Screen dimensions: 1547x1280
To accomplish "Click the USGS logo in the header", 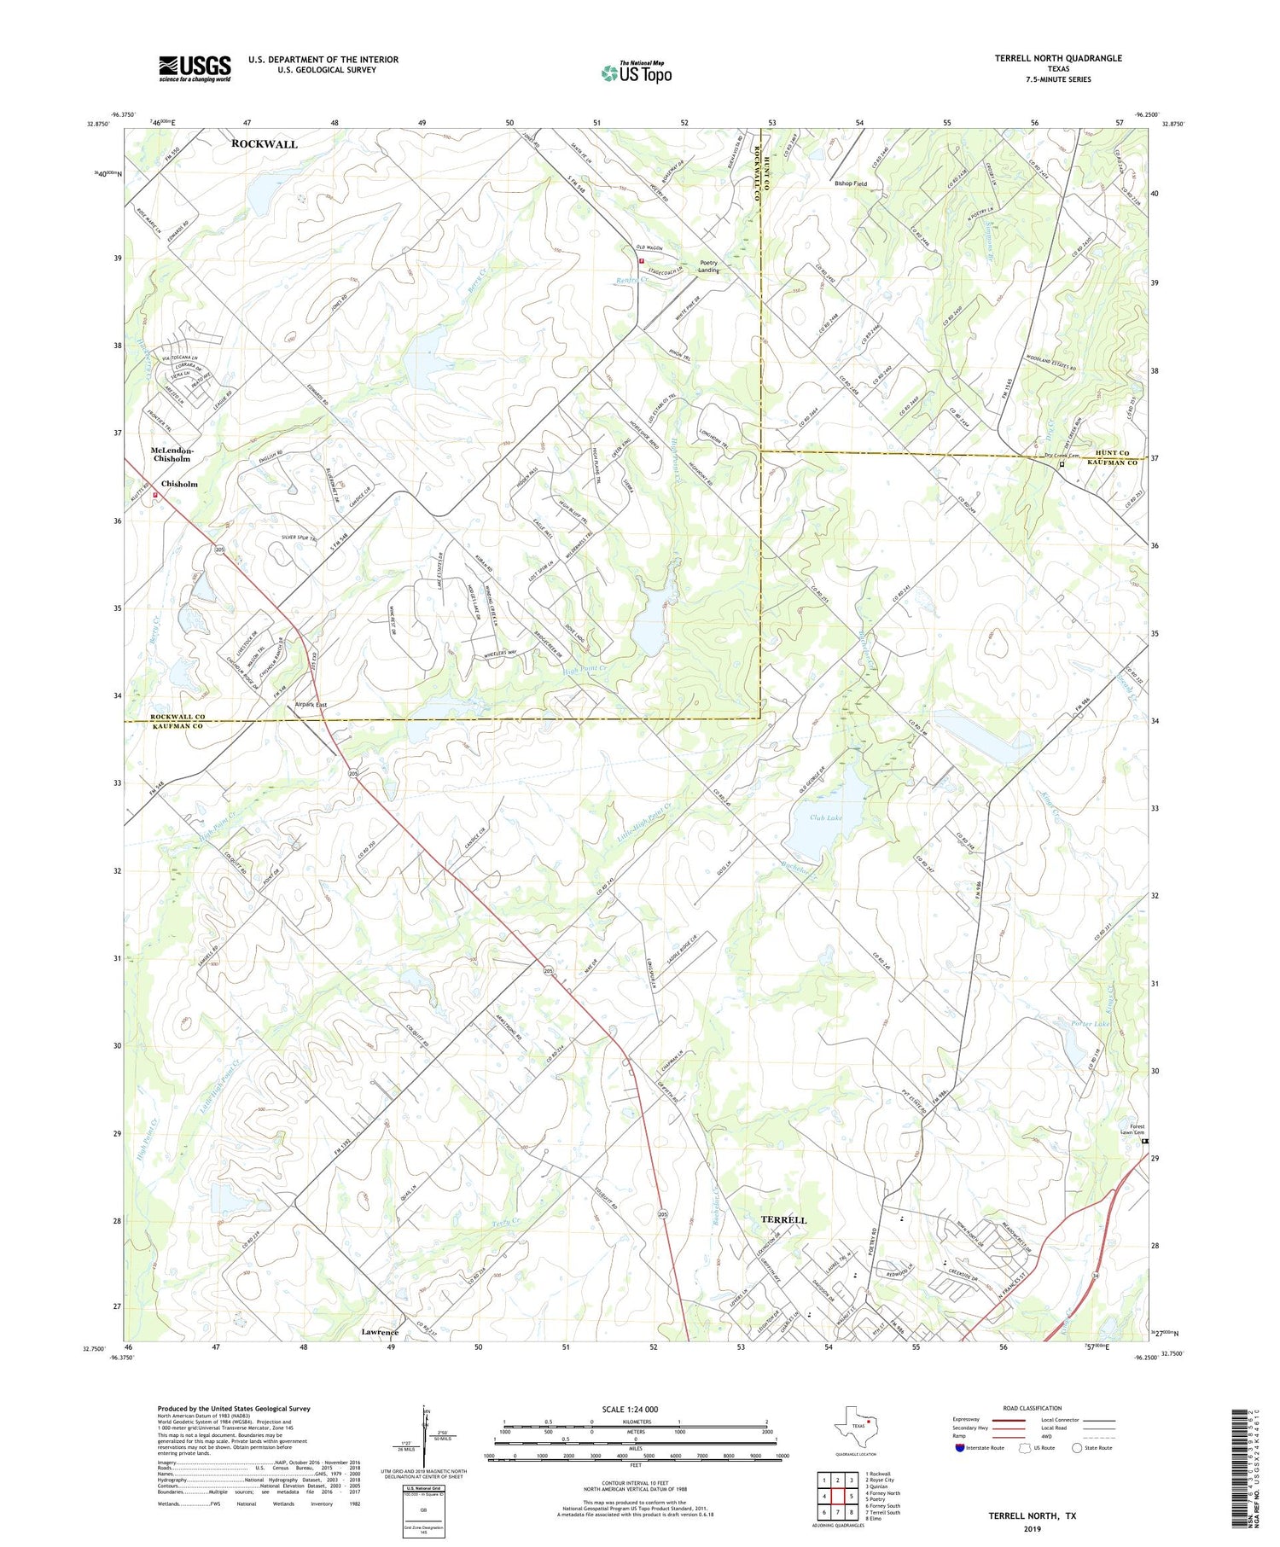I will (195, 68).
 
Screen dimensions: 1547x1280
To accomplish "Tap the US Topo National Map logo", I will (636, 73).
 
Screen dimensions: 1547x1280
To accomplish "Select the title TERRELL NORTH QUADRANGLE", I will (1057, 58).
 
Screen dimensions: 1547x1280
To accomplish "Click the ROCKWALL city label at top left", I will (265, 144).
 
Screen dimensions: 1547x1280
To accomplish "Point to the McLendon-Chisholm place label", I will (172, 454).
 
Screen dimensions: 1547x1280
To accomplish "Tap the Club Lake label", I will (826, 817).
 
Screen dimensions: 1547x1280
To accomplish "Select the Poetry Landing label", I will (709, 266).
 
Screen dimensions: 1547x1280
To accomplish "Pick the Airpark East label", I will (311, 705).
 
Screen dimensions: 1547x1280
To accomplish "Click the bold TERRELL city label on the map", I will (783, 1220).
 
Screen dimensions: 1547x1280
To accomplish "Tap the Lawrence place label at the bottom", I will (380, 1332).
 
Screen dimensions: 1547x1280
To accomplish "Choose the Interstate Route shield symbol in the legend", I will (961, 1448).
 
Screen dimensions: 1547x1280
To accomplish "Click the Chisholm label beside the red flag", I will (179, 484).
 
